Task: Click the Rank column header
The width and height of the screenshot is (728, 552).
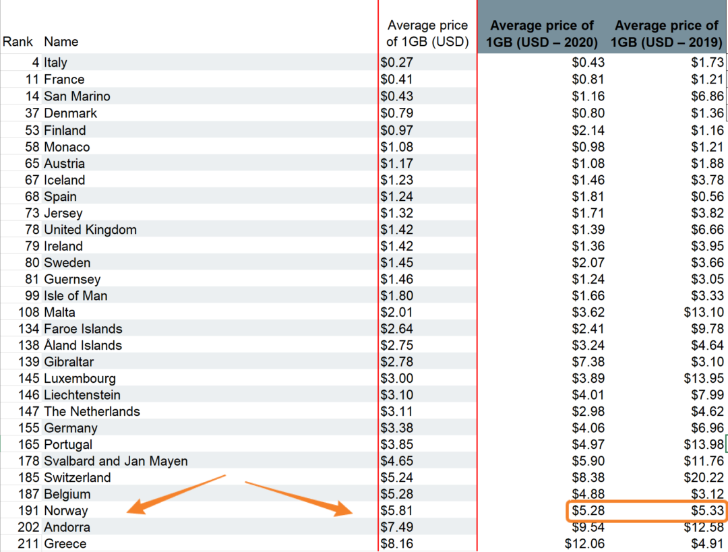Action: point(18,42)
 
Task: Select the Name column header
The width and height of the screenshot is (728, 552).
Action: point(61,42)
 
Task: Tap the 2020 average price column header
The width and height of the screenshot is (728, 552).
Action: point(542,34)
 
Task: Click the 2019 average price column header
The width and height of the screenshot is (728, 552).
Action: point(667,34)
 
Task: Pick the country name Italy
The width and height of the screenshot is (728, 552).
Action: point(56,63)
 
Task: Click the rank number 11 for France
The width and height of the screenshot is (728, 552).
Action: point(32,80)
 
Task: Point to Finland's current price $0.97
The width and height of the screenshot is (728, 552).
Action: point(397,130)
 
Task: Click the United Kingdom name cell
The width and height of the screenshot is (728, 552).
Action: point(90,230)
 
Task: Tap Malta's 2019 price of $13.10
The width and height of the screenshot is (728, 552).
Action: point(704,312)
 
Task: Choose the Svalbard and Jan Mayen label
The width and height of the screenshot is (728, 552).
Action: point(116,461)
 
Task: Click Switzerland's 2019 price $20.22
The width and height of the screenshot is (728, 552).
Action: point(704,478)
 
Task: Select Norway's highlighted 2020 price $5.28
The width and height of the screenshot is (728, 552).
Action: point(588,510)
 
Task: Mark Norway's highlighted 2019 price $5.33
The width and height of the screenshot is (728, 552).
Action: point(707,510)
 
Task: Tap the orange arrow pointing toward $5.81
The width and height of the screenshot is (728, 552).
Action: point(300,498)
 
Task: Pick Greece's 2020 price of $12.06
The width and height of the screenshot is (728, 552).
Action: point(584,544)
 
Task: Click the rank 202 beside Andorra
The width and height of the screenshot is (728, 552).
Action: point(30,527)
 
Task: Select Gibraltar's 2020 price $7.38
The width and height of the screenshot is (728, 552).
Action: point(588,362)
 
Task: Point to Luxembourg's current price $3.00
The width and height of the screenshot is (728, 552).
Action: point(397,379)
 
